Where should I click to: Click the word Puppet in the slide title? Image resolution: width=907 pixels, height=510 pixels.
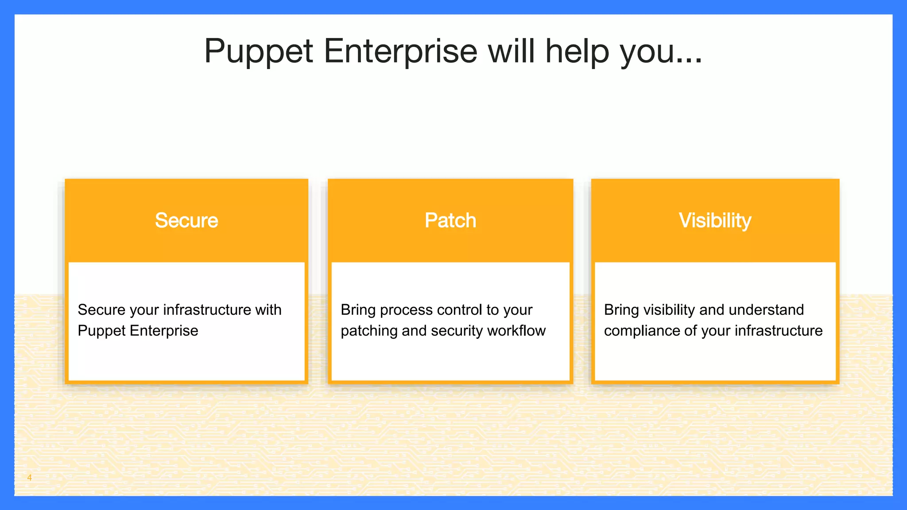click(x=259, y=51)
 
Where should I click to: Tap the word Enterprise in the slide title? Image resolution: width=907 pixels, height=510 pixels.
click(x=401, y=51)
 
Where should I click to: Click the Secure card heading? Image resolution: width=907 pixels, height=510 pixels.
click(x=186, y=220)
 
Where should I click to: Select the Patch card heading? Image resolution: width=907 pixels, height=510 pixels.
click(x=450, y=220)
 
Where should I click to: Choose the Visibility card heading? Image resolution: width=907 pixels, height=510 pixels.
click(x=715, y=220)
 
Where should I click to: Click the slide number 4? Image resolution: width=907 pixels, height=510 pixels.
click(x=29, y=478)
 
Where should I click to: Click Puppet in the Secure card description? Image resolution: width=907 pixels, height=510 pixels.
click(x=101, y=331)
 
